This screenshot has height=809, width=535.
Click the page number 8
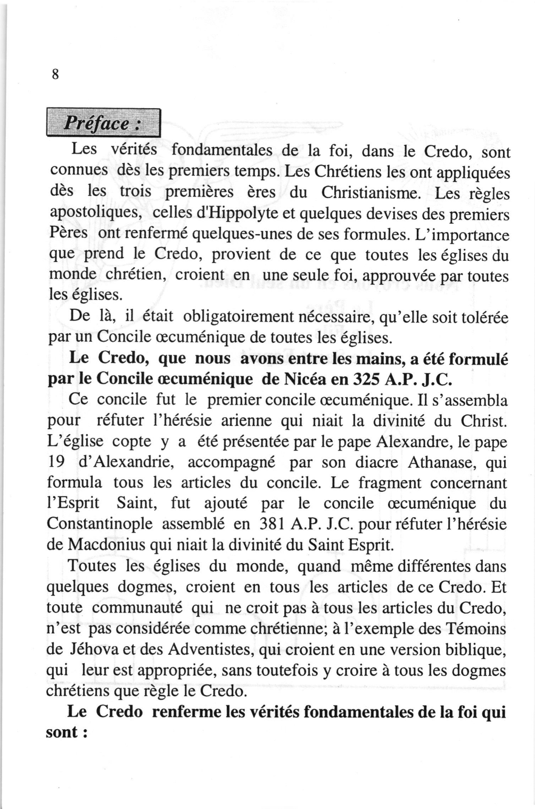(55, 75)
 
